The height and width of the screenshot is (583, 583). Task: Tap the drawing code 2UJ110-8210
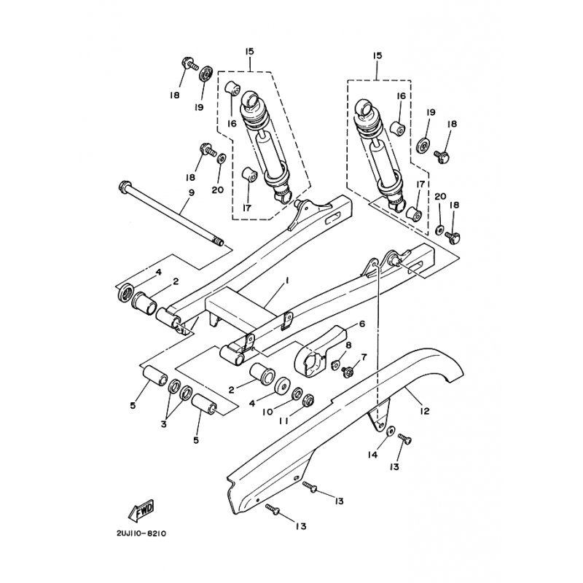click(x=141, y=533)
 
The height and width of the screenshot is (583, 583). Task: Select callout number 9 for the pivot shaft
click(x=192, y=192)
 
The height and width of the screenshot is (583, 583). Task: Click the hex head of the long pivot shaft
click(x=124, y=186)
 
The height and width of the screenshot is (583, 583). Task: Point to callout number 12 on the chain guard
click(x=425, y=411)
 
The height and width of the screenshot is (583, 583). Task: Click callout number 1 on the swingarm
click(x=286, y=282)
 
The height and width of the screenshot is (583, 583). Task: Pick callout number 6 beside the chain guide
click(x=361, y=324)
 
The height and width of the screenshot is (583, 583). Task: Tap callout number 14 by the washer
click(x=373, y=454)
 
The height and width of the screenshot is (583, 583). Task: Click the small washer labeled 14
click(x=391, y=431)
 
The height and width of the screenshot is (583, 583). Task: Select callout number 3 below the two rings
click(x=163, y=424)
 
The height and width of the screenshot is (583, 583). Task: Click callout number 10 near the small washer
click(x=267, y=412)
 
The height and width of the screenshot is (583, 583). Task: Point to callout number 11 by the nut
click(x=283, y=421)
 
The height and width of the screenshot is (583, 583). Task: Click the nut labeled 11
click(x=308, y=399)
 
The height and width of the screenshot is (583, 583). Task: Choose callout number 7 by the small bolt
click(x=364, y=357)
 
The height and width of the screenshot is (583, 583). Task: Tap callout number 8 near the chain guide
click(x=348, y=345)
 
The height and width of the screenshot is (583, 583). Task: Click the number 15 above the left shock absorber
click(x=249, y=51)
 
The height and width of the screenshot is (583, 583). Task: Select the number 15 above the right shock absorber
click(x=377, y=56)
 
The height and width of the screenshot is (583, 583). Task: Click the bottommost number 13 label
click(x=301, y=526)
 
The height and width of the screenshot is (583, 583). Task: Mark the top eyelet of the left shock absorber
click(x=251, y=101)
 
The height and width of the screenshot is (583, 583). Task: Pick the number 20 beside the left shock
click(x=218, y=189)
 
